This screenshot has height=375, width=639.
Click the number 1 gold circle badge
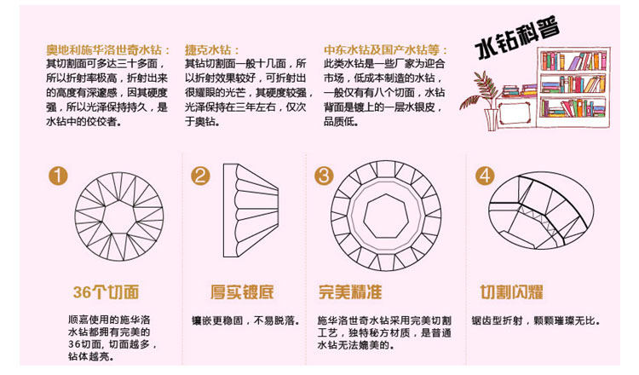(58, 176)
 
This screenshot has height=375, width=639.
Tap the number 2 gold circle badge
(200, 176)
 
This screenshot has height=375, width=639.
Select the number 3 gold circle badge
(324, 176)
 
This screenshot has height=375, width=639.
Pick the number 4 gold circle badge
(485, 176)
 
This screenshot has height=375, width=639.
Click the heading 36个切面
(106, 291)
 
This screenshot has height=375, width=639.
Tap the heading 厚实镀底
(242, 291)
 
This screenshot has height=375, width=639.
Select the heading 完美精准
(350, 291)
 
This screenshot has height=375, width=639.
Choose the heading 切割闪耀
(511, 291)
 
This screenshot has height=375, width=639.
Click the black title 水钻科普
(517, 37)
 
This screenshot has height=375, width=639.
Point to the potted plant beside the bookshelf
(483, 101)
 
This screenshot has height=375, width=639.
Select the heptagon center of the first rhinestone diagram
(119, 216)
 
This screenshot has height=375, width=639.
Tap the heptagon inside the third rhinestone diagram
(385, 216)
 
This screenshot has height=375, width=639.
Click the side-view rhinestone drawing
(250, 211)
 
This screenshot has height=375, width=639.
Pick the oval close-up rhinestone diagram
(541, 210)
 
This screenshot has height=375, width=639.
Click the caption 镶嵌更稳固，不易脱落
(245, 320)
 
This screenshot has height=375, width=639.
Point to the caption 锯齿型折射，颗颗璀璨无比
(536, 320)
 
